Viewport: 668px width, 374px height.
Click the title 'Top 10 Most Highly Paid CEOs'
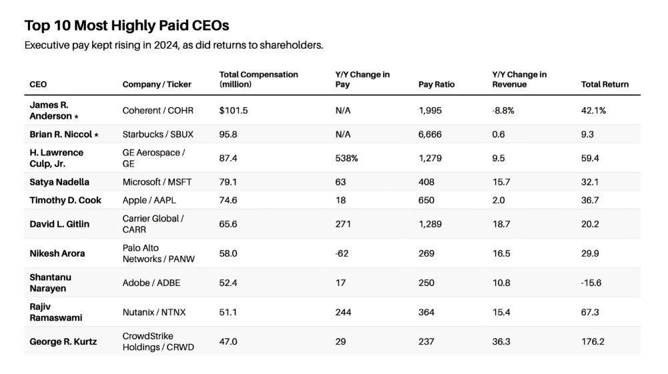coord(127,26)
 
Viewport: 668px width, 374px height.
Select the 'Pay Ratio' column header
coord(436,85)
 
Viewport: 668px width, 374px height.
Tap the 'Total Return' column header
coord(605,85)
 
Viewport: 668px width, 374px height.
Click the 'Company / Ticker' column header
coord(157,85)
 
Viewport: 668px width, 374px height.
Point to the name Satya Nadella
coord(59,182)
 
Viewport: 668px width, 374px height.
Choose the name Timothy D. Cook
coord(65,200)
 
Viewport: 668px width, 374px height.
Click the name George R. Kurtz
coord(63,341)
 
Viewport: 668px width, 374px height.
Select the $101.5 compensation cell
coord(234,111)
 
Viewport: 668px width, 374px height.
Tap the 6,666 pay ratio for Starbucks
coord(430,134)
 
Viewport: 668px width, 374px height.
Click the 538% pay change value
coord(346,157)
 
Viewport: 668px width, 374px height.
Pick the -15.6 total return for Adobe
coord(591,283)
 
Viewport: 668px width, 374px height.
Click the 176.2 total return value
coord(593,341)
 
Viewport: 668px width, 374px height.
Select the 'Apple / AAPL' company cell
coord(149,200)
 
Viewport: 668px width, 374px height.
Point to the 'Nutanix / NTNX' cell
coord(154,312)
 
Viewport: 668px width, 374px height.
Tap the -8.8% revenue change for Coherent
coord(503,111)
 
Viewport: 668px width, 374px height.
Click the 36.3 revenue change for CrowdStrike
coord(501,341)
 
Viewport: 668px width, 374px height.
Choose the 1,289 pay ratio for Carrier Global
coord(430,224)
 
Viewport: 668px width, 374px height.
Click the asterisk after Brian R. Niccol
coord(96,135)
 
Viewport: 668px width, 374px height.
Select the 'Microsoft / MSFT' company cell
coord(157,182)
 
